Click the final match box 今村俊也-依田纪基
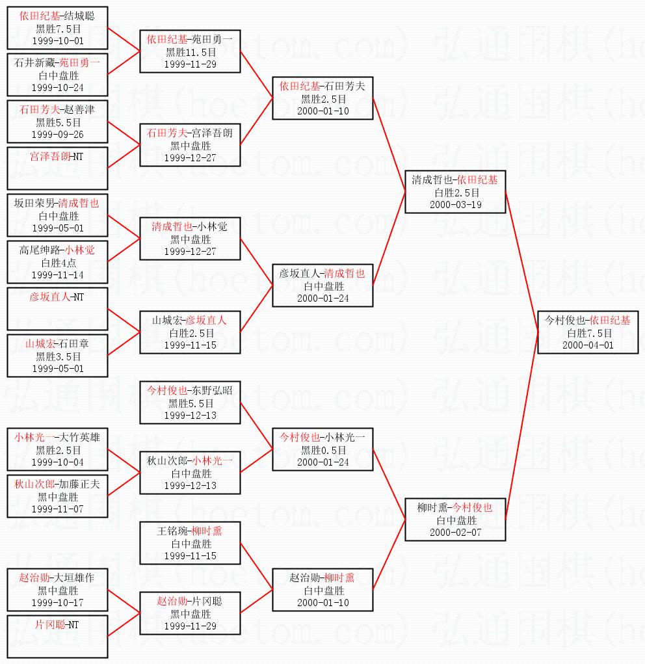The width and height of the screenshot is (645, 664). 587,332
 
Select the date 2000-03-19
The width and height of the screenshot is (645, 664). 456,205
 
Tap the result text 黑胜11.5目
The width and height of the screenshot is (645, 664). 191,52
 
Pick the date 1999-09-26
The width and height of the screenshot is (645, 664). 58,135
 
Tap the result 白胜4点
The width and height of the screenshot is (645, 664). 59,263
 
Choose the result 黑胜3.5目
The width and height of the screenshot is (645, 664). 58,356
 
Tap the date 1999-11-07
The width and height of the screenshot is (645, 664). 58,509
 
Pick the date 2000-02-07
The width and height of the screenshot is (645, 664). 456,533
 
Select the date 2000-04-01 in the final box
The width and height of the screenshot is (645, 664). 588,345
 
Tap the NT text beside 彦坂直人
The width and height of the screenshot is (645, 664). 78,297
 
